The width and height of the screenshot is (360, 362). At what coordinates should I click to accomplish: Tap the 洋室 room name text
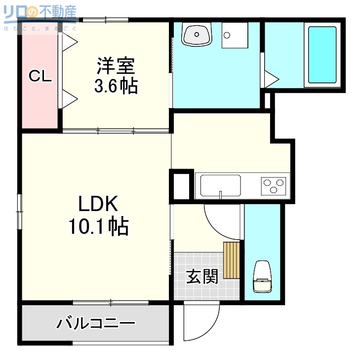pyautogui.click(x=116, y=66)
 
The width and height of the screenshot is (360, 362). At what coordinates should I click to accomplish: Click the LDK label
pyautogui.click(x=97, y=204)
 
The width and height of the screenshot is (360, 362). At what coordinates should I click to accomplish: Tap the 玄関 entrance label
pyautogui.click(x=202, y=277)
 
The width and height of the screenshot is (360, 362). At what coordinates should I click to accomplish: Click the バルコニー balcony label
pyautogui.click(x=95, y=324)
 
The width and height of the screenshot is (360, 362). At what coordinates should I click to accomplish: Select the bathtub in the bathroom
pyautogui.click(x=322, y=54)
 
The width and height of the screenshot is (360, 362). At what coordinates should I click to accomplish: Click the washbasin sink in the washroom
pyautogui.click(x=197, y=35)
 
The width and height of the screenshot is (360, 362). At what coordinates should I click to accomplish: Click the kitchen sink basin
pyautogui.click(x=221, y=186)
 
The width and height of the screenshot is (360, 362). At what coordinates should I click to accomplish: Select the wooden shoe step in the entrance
pyautogui.click(x=231, y=260)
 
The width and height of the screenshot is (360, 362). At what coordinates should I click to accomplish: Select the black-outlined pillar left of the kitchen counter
pyautogui.click(x=181, y=185)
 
